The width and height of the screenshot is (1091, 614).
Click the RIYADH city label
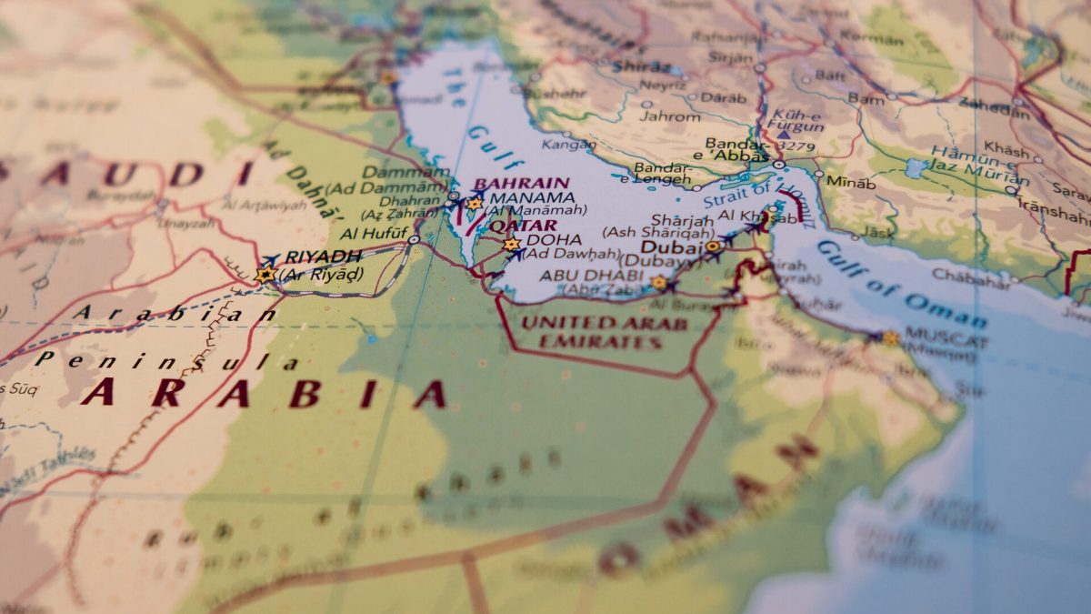323,257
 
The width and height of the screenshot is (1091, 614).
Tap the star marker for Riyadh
265,273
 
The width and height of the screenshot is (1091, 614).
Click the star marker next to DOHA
511,244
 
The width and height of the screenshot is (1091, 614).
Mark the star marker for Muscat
890,338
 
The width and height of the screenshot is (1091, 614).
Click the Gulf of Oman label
901,284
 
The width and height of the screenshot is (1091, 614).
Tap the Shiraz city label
641,66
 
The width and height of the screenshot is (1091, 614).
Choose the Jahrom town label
670,116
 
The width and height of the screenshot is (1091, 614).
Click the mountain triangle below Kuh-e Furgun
783,135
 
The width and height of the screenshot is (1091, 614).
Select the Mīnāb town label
851,182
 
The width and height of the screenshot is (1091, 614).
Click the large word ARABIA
264,393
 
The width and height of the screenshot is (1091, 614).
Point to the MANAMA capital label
531,196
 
